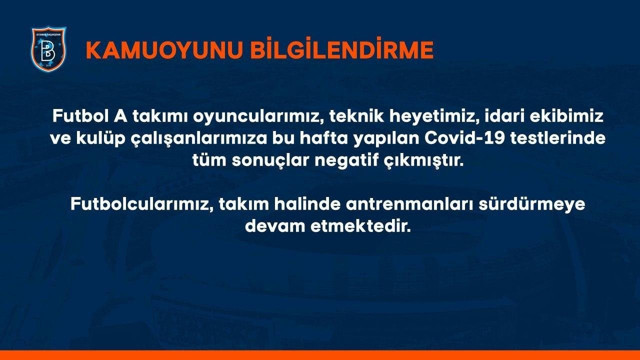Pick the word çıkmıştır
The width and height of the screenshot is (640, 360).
point(430,160)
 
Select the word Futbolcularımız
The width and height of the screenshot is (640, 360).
point(141,204)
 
